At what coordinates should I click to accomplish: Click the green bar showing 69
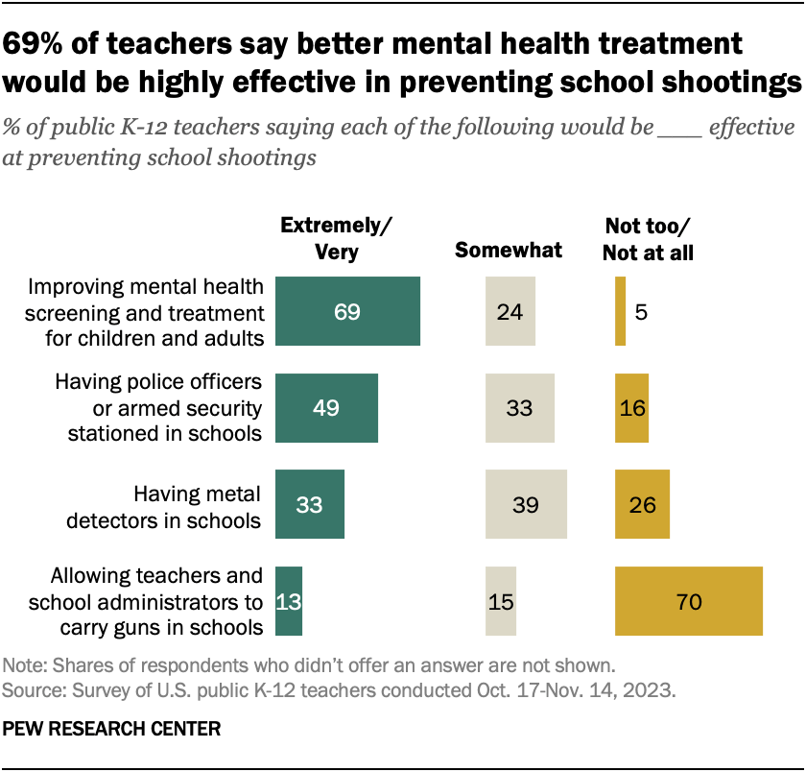(x=347, y=311)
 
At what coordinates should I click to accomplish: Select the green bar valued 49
(x=326, y=407)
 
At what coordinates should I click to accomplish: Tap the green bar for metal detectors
(x=309, y=504)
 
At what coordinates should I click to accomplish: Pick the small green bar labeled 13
(x=289, y=601)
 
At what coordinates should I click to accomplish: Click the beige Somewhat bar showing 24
(x=510, y=311)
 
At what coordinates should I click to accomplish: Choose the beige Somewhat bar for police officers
(x=520, y=407)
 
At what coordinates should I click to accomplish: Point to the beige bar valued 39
(x=526, y=504)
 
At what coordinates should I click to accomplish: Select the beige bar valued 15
(x=501, y=601)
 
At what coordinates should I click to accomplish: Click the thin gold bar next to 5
(x=620, y=311)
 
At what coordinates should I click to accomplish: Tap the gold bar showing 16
(x=631, y=407)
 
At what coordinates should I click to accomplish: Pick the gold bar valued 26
(x=642, y=504)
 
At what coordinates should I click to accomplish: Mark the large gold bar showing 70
(x=689, y=601)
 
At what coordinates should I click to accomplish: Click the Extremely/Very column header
(x=336, y=238)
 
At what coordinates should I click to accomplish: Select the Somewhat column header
(x=509, y=251)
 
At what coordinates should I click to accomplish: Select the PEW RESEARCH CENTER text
(x=112, y=729)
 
